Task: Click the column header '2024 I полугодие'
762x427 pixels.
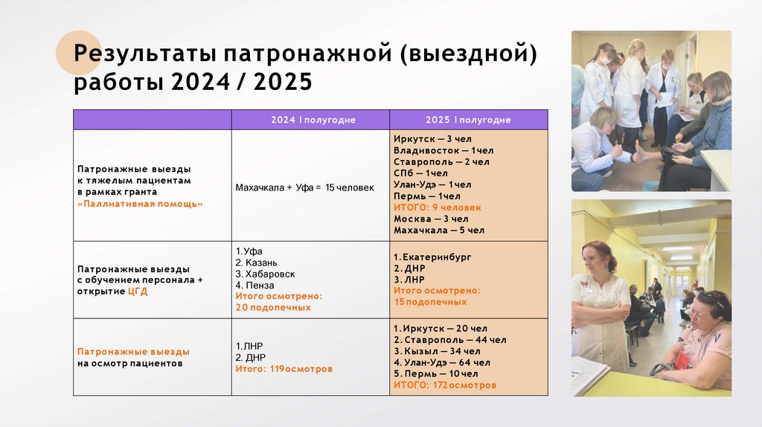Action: tap(313, 120)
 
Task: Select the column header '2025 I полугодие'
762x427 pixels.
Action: tap(468, 120)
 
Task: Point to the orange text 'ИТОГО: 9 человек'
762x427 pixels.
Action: tap(437, 208)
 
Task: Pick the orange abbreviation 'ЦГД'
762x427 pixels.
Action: tap(138, 291)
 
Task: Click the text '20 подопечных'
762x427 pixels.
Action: tap(272, 307)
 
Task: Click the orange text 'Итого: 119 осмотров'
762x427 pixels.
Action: tap(284, 368)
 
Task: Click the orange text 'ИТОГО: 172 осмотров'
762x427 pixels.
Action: tap(444, 385)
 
